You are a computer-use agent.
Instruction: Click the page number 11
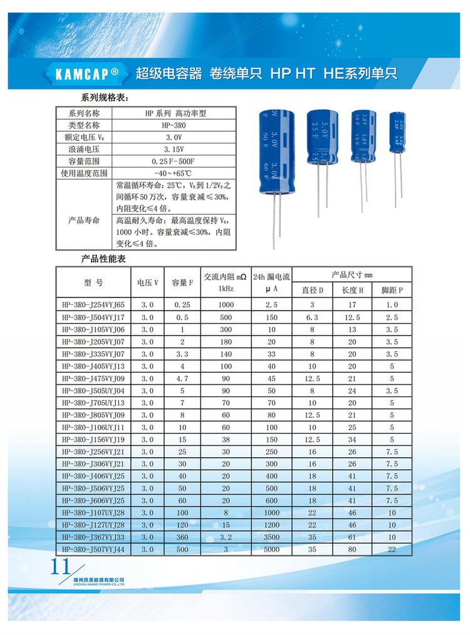click(60, 566)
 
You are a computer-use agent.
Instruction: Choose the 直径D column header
click(313, 290)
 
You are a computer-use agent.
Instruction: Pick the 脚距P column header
click(392, 290)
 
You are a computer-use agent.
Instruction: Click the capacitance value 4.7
click(181, 379)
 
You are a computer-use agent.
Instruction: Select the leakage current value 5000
click(271, 549)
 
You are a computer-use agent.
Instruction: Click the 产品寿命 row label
click(83, 221)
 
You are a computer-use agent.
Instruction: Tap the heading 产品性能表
click(103, 259)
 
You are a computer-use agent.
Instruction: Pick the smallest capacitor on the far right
click(397, 133)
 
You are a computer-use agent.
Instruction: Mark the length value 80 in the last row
click(349, 549)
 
